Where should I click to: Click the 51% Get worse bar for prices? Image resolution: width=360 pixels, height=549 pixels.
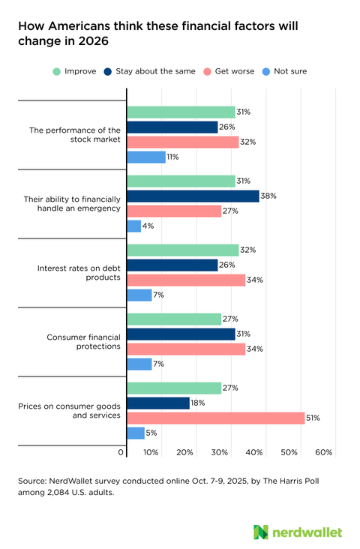tap(216, 418)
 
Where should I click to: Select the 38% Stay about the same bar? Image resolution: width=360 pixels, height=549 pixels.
tap(193, 196)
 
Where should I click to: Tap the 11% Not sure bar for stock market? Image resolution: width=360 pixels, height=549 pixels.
tap(146, 157)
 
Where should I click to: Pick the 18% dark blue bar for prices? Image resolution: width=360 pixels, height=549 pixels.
tap(158, 403)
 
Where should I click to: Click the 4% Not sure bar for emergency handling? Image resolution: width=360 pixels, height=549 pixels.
tap(133, 226)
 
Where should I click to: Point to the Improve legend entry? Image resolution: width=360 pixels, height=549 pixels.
tap(74, 71)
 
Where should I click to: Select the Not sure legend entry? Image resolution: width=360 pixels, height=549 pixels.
tap(286, 71)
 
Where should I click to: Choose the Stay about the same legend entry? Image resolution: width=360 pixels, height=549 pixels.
tap(154, 71)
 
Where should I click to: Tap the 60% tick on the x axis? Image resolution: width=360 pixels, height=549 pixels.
tap(324, 453)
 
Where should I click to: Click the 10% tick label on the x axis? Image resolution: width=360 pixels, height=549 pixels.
tap(151, 453)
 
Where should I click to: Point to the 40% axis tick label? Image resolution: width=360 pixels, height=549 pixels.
tap(254, 453)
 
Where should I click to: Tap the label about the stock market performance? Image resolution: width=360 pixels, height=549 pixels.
tap(75, 135)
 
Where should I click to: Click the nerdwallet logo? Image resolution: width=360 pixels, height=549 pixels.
tap(298, 532)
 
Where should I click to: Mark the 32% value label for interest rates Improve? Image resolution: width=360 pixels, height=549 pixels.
tap(248, 250)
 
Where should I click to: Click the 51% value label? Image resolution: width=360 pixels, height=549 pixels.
tap(313, 418)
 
